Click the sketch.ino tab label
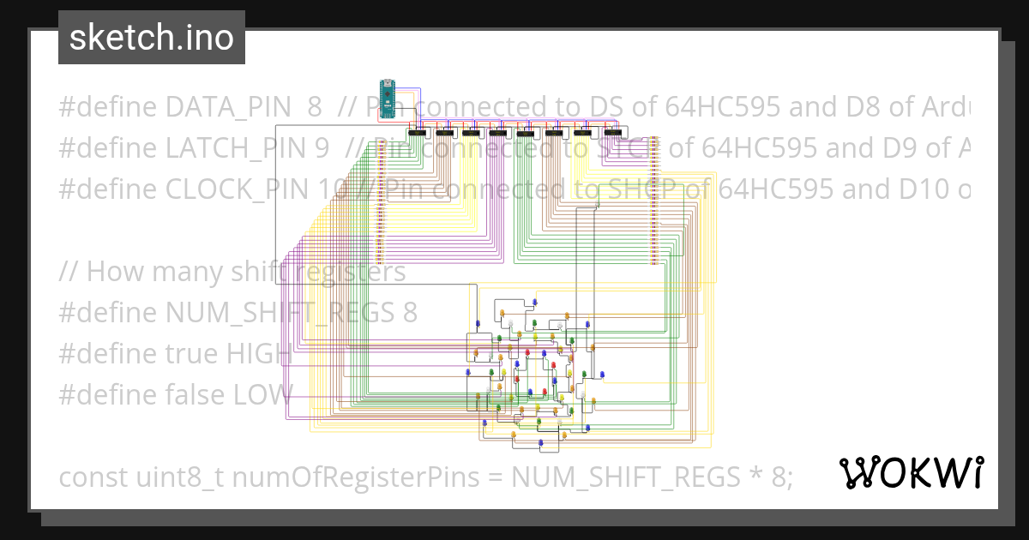152,38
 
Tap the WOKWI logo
912,472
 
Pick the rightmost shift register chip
612,133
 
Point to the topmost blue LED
534,302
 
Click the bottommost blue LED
540,441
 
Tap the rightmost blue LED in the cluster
602,375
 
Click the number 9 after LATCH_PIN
322,148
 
